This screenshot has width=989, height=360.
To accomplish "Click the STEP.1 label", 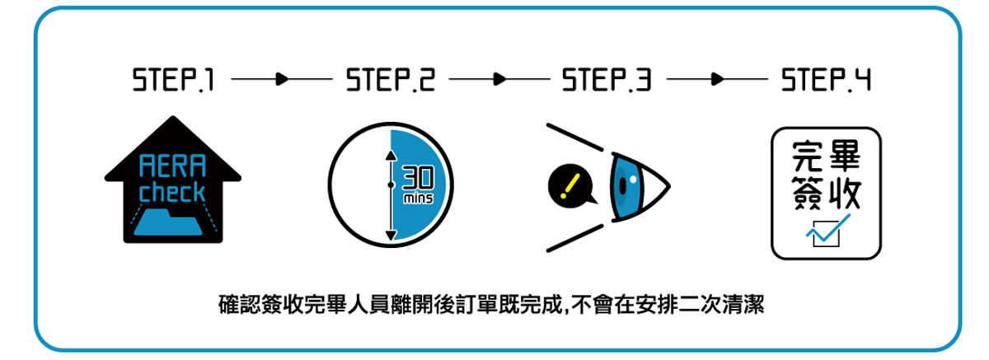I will click(174, 82).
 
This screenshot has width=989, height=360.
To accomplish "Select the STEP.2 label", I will click(391, 82).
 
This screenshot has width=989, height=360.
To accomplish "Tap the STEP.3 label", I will click(607, 82).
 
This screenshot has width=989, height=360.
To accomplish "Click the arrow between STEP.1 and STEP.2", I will click(281, 81).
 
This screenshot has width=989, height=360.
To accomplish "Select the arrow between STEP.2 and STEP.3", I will click(498, 81).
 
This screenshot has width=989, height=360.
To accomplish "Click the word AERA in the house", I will click(172, 170).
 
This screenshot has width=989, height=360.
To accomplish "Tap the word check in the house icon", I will click(172, 193).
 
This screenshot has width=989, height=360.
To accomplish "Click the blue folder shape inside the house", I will click(172, 222).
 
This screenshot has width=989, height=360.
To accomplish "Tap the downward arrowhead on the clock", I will click(391, 236).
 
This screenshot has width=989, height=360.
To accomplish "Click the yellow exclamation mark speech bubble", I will click(567, 185).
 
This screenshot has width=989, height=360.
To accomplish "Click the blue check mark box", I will click(825, 234).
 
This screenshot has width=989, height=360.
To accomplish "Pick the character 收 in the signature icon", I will click(845, 194).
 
